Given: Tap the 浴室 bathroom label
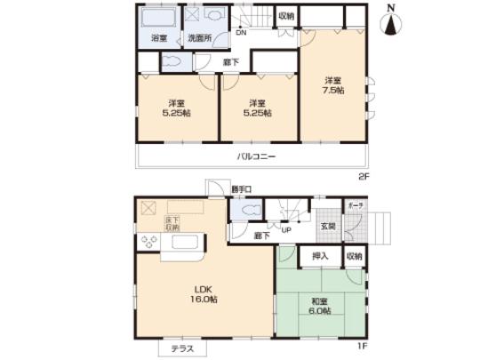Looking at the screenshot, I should tap(159, 40).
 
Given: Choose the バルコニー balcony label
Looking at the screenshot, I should tap(255, 156).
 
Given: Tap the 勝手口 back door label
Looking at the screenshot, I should tap(241, 189).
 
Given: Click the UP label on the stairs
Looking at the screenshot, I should tap(286, 230).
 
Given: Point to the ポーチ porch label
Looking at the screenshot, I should tap(355, 204).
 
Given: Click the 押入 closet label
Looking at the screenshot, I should tap(319, 256).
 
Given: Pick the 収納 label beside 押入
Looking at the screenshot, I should tap(354, 256).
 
